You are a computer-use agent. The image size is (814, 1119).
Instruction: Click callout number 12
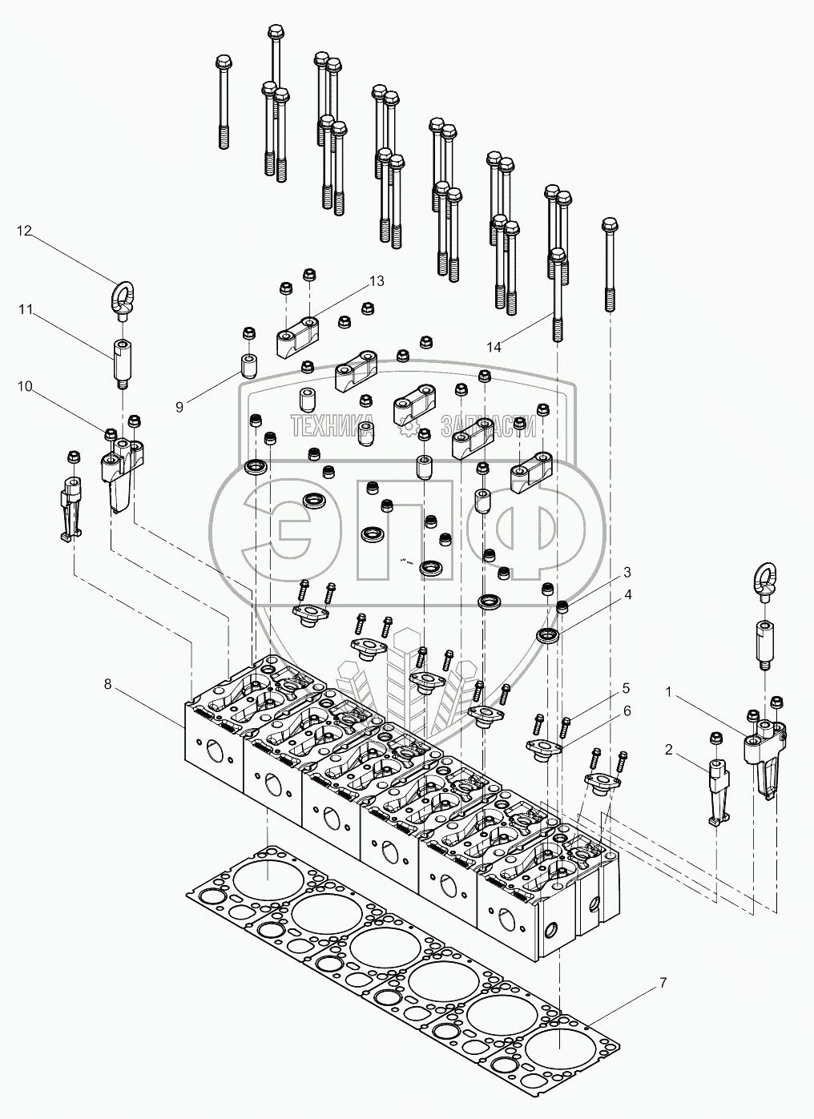(24, 231)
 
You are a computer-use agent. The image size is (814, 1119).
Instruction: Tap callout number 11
(24, 308)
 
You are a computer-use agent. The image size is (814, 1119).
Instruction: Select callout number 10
(24, 386)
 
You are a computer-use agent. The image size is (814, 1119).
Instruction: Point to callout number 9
(179, 406)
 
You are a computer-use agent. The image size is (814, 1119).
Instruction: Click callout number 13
(377, 281)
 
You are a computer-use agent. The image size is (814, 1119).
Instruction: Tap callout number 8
(108, 684)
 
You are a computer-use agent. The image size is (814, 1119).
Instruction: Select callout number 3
(627, 572)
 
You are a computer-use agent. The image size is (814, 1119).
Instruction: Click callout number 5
(626, 687)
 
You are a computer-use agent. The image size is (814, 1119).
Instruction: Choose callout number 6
(627, 710)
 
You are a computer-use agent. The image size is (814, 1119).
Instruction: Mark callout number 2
(667, 750)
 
